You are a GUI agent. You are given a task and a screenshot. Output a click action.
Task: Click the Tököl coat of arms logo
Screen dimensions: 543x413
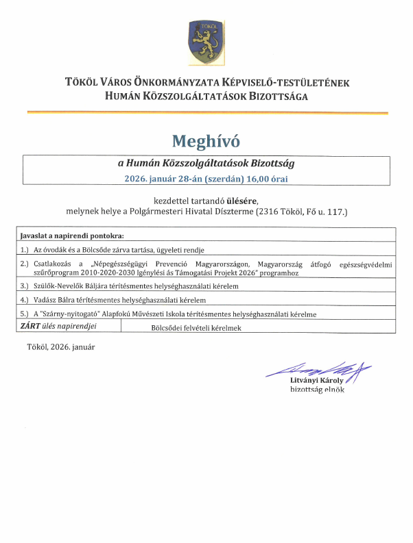click(205, 42)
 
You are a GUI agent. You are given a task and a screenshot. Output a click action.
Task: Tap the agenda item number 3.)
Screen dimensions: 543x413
click(25, 286)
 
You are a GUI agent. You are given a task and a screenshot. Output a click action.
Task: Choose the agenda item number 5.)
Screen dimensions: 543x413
click(25, 314)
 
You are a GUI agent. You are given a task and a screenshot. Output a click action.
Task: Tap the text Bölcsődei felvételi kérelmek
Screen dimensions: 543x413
click(196, 328)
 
